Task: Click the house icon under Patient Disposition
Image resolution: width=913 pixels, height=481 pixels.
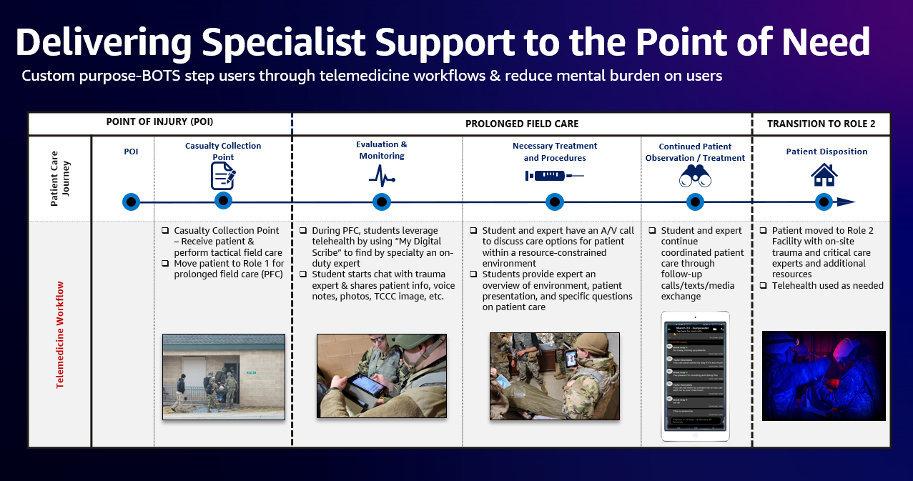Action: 824,174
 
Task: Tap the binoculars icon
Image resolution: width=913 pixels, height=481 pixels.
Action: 695,176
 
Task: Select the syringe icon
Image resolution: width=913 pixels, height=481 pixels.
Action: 554,175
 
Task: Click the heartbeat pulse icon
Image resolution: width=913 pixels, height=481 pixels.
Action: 382,175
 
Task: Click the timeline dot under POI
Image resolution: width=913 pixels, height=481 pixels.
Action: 130,202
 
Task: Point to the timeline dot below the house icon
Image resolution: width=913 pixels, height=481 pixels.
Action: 824,202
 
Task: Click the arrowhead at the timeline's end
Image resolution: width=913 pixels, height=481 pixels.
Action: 847,202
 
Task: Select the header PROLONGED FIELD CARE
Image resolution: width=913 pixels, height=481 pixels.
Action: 522,124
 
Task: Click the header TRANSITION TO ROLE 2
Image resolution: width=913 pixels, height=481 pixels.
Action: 821,124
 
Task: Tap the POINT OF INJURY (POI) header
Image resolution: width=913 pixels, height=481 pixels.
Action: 159,122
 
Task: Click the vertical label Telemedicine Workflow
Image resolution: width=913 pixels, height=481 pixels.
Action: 60,334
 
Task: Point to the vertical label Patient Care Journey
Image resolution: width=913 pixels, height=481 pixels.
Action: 60,178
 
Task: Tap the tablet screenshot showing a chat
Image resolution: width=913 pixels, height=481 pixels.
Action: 696,375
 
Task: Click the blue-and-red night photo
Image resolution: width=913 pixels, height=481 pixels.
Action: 824,375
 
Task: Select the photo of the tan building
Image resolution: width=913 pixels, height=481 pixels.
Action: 224,375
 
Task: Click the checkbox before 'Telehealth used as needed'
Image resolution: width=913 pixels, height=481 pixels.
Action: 764,286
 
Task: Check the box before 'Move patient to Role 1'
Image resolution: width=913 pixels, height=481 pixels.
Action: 165,264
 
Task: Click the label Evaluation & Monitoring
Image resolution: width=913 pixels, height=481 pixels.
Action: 382,150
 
